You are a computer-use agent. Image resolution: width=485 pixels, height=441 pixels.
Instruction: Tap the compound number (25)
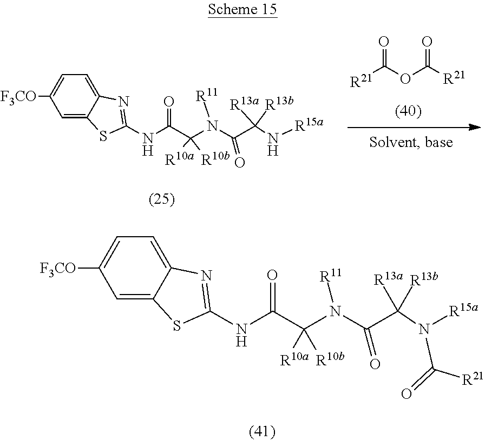[x=161, y=201]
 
